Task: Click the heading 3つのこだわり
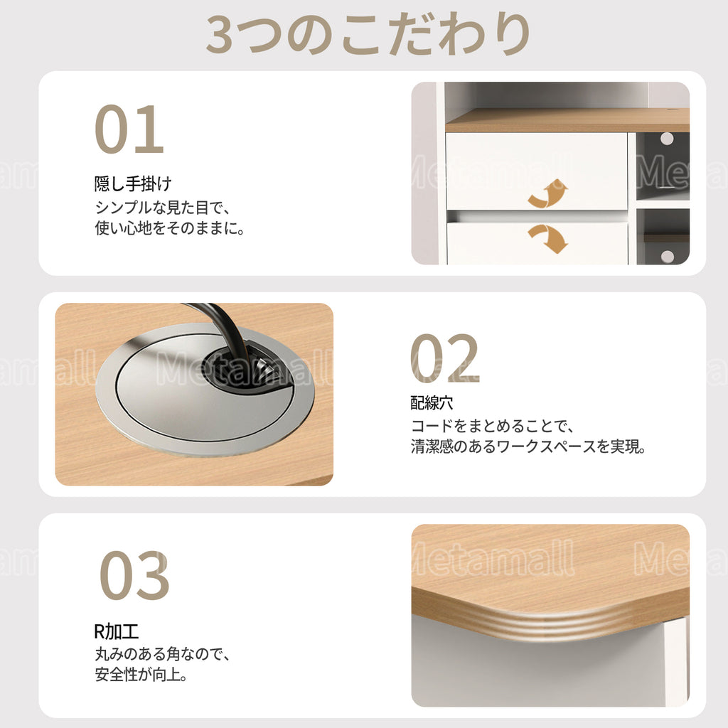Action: [x=368, y=34]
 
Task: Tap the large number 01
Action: [x=129, y=129]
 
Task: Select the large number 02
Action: [x=444, y=358]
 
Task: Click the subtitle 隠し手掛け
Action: [x=133, y=184]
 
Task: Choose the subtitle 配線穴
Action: [x=432, y=402]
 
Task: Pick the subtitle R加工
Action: [x=116, y=631]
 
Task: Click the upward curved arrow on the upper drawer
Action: [x=548, y=193]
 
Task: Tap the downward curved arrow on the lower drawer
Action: [x=548, y=238]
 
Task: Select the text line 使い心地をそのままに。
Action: [x=170, y=228]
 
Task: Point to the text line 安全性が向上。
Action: [x=141, y=674]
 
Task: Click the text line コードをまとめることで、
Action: [x=493, y=426]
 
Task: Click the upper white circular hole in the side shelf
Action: [x=667, y=139]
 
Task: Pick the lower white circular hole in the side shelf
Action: [x=667, y=256]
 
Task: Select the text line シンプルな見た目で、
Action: [x=163, y=207]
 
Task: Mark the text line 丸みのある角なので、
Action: [x=163, y=654]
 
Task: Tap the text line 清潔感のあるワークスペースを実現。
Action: [x=528, y=446]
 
